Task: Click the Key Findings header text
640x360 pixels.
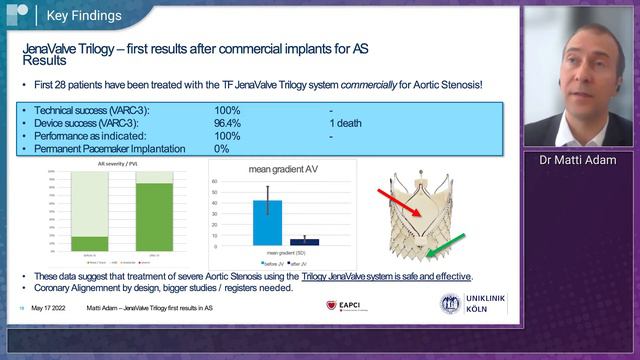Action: click(86, 16)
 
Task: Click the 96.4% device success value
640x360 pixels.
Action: click(228, 123)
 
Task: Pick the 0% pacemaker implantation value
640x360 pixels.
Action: click(222, 148)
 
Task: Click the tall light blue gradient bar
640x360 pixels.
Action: click(267, 222)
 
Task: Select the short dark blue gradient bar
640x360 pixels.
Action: click(304, 241)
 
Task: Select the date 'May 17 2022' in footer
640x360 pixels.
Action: click(50, 307)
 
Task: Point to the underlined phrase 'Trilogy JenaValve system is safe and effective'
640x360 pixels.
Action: click(384, 276)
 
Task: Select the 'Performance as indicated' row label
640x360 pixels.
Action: click(90, 135)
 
